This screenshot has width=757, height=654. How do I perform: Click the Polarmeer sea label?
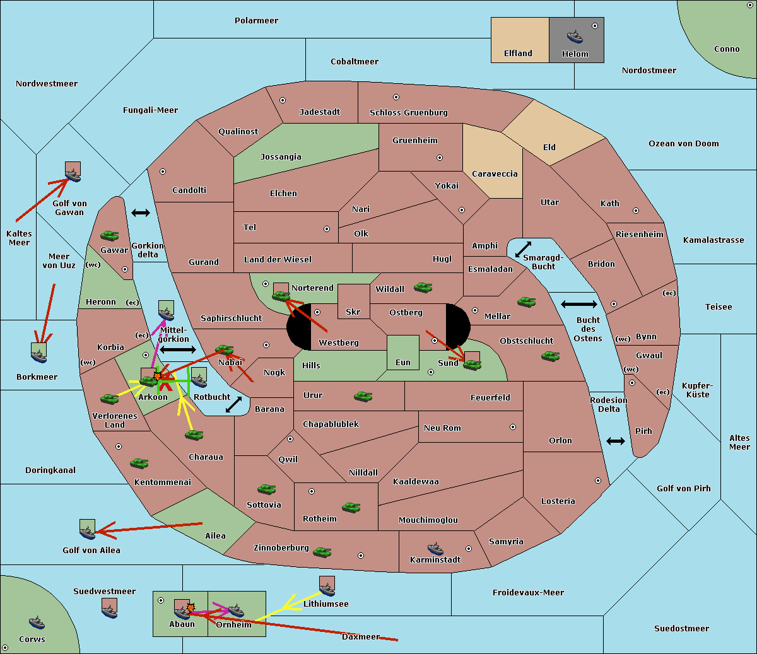pyautogui.click(x=256, y=21)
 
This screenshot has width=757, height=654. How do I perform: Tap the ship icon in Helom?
pyautogui.click(x=574, y=36)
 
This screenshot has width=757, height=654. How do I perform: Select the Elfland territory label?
pyautogui.click(x=518, y=54)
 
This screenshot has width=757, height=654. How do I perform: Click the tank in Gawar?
pyautogui.click(x=110, y=236)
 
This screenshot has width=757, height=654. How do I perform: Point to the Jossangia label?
pyautogui.click(x=281, y=157)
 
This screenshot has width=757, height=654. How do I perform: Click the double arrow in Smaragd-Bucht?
pyautogui.click(x=523, y=250)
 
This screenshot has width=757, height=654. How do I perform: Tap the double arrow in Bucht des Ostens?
pyautogui.click(x=578, y=305)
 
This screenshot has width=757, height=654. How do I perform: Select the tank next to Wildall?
pyautogui.click(x=423, y=288)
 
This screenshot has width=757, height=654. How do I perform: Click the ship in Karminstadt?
pyautogui.click(x=435, y=548)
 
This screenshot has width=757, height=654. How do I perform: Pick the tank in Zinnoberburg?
pyautogui.click(x=322, y=552)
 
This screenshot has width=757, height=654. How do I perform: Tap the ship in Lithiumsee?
pyautogui.click(x=327, y=590)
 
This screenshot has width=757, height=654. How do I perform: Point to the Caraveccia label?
pyautogui.click(x=495, y=174)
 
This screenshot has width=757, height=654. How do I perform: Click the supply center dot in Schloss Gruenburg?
pyautogui.click(x=396, y=98)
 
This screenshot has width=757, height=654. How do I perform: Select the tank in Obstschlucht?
pyautogui.click(x=550, y=356)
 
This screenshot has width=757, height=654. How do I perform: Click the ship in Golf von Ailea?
pyautogui.click(x=87, y=533)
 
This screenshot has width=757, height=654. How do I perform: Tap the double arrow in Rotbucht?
pyautogui.click(x=233, y=405)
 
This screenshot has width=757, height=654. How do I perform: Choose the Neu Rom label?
pyautogui.click(x=442, y=428)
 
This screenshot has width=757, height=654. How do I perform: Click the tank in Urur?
pyautogui.click(x=363, y=397)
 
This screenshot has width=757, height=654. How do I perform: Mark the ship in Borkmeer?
pyautogui.click(x=39, y=356)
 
